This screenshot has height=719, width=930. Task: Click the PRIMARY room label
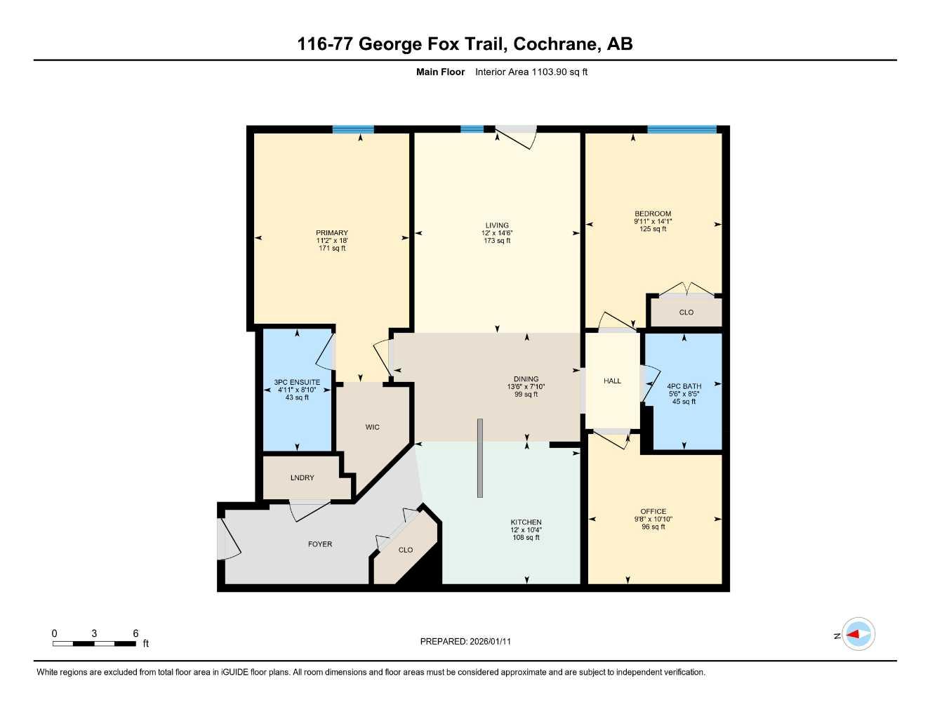coord(331,233)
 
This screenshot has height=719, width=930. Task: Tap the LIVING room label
coord(497,225)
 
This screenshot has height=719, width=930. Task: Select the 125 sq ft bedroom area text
coord(653,229)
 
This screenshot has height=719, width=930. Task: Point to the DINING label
coord(526,379)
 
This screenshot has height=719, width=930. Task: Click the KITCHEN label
coord(526,522)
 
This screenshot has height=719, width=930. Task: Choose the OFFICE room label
coord(653,512)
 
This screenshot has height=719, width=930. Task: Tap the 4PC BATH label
coord(684,386)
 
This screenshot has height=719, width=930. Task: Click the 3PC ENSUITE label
coord(297,383)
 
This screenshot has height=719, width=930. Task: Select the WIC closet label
coord(372,427)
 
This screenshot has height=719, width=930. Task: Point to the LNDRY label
coord(303,478)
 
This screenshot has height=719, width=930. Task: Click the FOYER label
coord(320,544)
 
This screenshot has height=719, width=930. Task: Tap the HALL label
coord(612,381)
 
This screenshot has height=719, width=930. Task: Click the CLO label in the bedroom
coord(686,312)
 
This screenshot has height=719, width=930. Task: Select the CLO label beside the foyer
coord(406,550)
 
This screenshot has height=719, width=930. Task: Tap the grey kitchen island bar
coord(480,458)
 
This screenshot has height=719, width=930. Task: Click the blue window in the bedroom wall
coord(682,129)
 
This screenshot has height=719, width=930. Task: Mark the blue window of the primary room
coord(353,129)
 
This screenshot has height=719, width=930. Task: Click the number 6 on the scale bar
coord(135,633)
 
